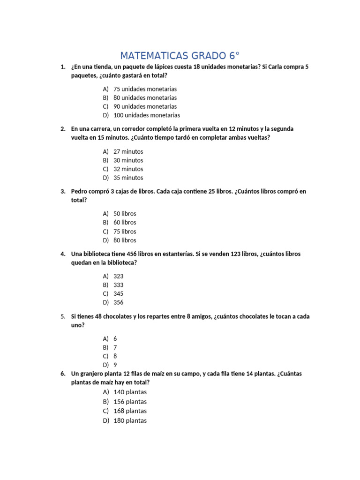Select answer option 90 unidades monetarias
(145, 106)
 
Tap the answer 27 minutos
(128, 151)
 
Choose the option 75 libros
(125, 231)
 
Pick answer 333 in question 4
(119, 285)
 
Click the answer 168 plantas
(130, 411)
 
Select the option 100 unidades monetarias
(146, 115)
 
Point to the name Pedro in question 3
(80, 191)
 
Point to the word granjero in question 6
(94, 374)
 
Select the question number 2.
(63, 128)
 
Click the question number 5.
(63, 316)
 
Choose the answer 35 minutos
(128, 178)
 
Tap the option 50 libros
(125, 213)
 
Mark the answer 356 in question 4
(119, 302)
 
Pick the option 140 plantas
(130, 392)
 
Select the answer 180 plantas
(130, 420)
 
